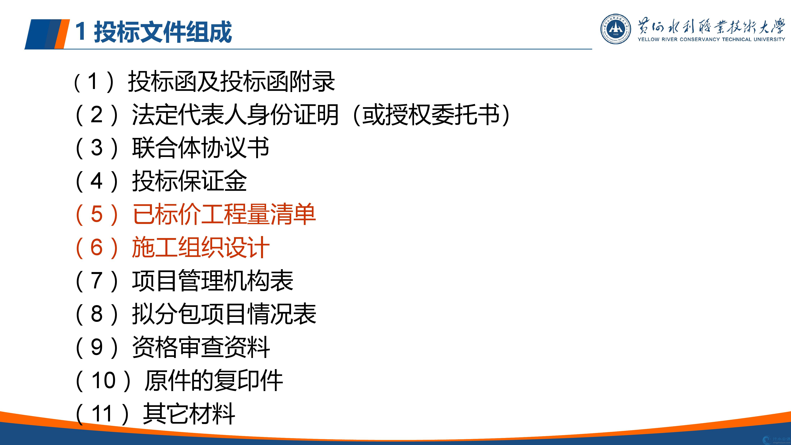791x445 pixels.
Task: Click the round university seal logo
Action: tap(616, 29)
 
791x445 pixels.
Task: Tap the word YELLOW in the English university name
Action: tap(648, 39)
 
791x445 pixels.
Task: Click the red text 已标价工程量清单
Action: tap(224, 214)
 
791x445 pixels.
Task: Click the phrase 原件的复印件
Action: tap(213, 380)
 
